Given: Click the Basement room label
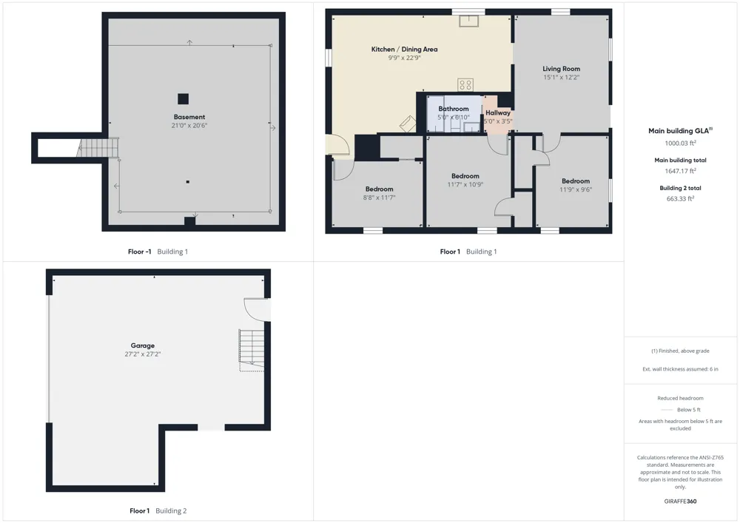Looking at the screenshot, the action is click(189, 117).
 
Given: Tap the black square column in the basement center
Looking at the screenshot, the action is click(183, 98).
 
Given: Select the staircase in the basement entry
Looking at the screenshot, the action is click(98, 148).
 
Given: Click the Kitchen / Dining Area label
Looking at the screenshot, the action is click(405, 49).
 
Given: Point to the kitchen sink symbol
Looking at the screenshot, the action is click(468, 21).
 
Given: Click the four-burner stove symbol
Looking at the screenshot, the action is click(465, 85).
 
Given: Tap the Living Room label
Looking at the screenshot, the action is click(561, 69).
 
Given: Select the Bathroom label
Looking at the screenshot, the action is click(454, 109).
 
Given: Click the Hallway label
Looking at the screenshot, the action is click(498, 112).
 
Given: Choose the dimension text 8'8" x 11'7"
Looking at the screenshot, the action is click(379, 198).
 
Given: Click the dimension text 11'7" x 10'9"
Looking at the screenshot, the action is click(465, 184).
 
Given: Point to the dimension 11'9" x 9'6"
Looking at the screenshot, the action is click(576, 189).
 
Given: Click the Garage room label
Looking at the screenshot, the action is click(143, 345).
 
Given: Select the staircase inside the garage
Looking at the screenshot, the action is click(252, 351).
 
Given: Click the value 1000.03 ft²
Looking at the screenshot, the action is click(681, 143).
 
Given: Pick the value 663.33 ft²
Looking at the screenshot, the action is click(681, 198).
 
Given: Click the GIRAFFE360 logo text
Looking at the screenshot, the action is click(680, 502).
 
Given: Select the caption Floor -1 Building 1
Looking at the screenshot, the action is click(158, 252).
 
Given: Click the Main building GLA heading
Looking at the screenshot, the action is click(680, 131).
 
